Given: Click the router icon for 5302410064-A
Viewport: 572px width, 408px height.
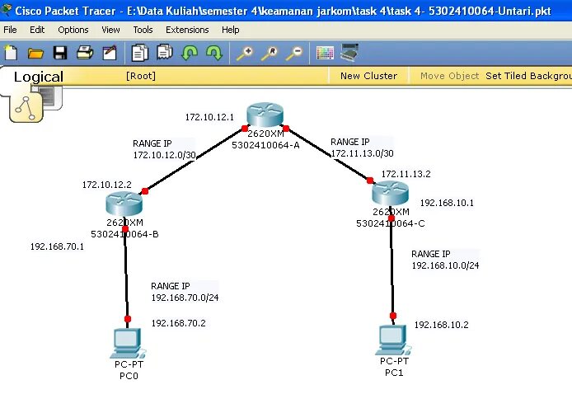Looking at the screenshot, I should coord(265,116).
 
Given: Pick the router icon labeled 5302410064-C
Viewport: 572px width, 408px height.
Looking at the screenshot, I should coord(390,195).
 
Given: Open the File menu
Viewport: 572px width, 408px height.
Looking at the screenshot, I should coord(10,30).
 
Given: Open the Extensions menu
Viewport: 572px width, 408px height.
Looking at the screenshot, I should coord(187,30).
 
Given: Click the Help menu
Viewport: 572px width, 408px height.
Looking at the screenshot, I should coord(231,30).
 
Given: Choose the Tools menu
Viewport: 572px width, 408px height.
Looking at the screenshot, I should coord(143,30).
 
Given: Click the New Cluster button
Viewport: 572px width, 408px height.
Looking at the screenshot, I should coord(368,76).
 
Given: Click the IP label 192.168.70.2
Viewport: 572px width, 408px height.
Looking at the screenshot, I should coord(178,324).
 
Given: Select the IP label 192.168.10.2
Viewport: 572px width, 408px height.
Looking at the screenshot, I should coord(441,325).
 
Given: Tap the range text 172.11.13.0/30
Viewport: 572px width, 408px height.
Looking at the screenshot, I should coord(362,153).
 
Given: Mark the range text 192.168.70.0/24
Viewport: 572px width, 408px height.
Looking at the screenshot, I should coord(185,298).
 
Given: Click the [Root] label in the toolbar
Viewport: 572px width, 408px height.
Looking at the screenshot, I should coord(141,76).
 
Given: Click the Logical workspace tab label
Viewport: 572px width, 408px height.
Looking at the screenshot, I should coord(38,77).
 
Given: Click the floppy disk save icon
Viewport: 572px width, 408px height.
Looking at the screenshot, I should coord(60,54).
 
